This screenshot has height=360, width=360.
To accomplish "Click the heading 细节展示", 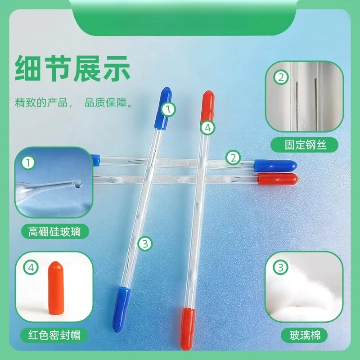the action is (x=72, y=68).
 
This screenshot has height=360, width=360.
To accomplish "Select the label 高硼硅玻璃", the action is (x=54, y=231).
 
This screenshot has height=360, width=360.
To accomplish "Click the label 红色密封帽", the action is (x=54, y=335).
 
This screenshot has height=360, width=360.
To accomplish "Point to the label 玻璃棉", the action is (x=305, y=335).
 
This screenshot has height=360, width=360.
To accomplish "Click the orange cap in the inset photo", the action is (x=56, y=288).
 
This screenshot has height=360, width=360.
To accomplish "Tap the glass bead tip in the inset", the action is (x=77, y=183).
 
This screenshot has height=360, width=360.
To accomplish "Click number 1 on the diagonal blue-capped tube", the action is (x=168, y=109).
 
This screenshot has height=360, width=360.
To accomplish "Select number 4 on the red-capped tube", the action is (x=207, y=128).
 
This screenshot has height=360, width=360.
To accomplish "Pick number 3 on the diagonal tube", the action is (x=145, y=243).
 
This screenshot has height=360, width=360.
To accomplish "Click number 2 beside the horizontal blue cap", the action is (x=233, y=158).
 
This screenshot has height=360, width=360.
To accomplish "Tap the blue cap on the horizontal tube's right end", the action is (x=275, y=165).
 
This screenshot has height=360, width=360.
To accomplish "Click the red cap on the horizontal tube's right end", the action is (x=278, y=179).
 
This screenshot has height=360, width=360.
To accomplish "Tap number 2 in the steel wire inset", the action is (x=281, y=77).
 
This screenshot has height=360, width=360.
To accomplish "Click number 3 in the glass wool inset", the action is (x=280, y=267).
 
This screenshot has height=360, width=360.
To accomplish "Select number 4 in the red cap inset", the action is (x=31, y=267).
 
